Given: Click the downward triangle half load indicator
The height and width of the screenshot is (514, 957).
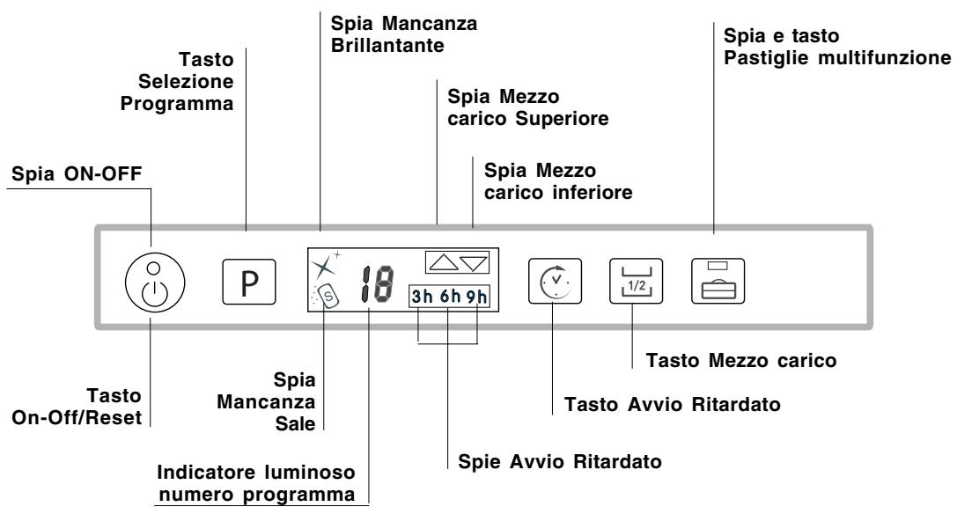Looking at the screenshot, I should pyautogui.click(x=473, y=261).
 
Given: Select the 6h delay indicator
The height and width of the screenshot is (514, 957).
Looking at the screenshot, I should pyautogui.click(x=448, y=297).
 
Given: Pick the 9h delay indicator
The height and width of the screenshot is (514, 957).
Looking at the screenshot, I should pyautogui.click(x=475, y=297).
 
